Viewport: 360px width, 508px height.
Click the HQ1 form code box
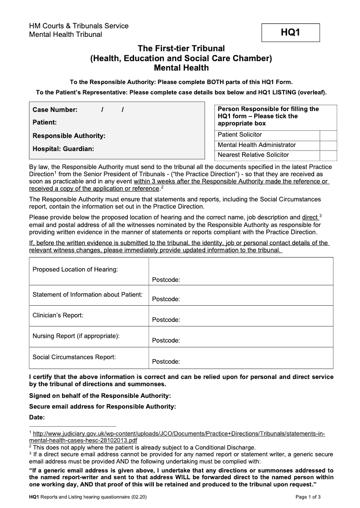click(x=291, y=33)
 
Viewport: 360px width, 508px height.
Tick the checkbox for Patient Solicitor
click(x=328, y=135)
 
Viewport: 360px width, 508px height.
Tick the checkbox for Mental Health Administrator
click(x=328, y=145)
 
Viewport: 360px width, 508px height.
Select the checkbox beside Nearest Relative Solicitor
click(x=328, y=155)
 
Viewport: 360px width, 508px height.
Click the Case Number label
click(x=55, y=110)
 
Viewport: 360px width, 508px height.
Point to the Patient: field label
click(x=45, y=122)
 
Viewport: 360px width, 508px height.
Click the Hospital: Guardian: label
click(x=63, y=148)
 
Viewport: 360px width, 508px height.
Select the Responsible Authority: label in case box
click(x=69, y=135)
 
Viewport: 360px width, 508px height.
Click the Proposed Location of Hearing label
click(x=75, y=269)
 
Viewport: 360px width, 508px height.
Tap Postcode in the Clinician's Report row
click(x=166, y=320)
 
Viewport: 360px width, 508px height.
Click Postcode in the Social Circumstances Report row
click(x=166, y=361)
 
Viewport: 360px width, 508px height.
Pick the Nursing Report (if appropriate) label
click(x=76, y=336)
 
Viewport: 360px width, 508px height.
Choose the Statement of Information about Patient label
click(x=87, y=294)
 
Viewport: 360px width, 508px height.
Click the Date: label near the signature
click(x=37, y=417)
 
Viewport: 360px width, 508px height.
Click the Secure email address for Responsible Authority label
click(x=102, y=406)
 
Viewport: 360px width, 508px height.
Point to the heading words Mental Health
click(x=181, y=68)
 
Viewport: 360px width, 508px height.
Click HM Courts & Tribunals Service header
click(x=79, y=26)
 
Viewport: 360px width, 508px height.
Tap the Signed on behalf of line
click(x=100, y=396)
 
